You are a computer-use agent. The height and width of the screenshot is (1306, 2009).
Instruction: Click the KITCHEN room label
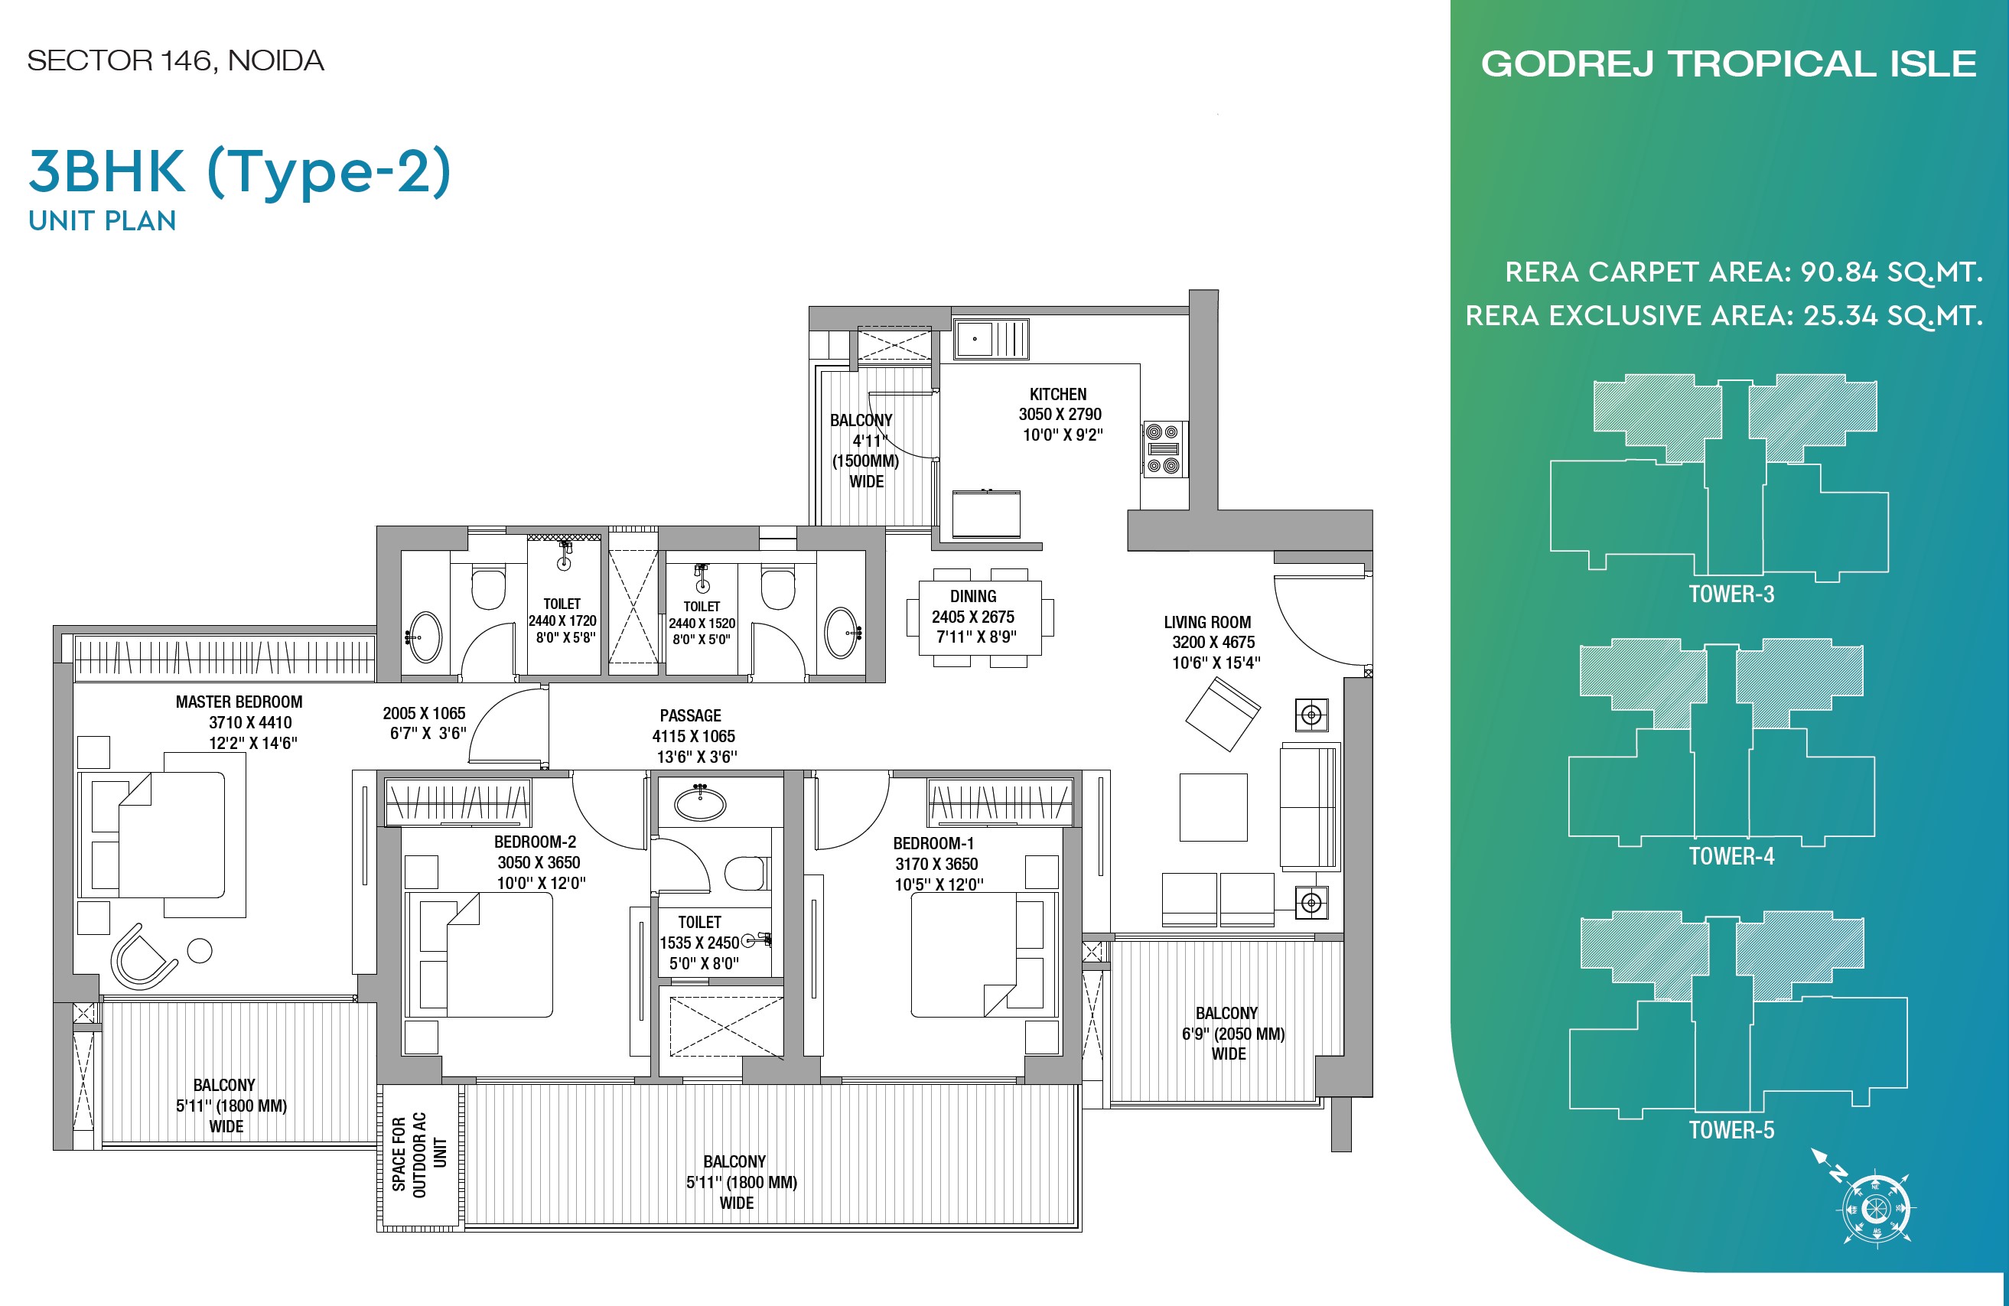click(1058, 394)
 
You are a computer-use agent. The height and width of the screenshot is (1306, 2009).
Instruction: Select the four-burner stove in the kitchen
click(1163, 448)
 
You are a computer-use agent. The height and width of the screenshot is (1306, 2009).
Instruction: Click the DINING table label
click(972, 596)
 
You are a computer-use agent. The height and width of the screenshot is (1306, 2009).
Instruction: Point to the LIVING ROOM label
click(1207, 622)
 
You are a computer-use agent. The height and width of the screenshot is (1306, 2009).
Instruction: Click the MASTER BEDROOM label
click(239, 702)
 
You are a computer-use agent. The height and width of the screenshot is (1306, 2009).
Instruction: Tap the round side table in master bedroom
click(199, 950)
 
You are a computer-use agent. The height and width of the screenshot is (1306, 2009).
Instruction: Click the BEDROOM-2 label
click(536, 842)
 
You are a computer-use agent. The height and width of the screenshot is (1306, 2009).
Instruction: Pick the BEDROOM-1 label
click(933, 843)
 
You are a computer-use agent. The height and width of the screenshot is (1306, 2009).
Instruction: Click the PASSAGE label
click(691, 716)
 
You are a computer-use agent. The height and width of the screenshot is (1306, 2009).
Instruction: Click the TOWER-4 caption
click(1731, 856)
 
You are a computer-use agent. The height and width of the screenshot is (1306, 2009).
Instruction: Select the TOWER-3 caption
click(1731, 594)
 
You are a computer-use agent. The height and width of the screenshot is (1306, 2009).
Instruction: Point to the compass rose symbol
click(1876, 1208)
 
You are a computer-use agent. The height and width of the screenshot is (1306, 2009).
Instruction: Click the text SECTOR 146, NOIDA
click(175, 60)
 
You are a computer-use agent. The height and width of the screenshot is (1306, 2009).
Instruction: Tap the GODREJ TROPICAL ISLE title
click(1729, 64)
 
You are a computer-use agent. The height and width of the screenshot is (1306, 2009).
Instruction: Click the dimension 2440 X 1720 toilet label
click(562, 620)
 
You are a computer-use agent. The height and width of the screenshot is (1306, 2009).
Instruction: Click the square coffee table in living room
click(1213, 807)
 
